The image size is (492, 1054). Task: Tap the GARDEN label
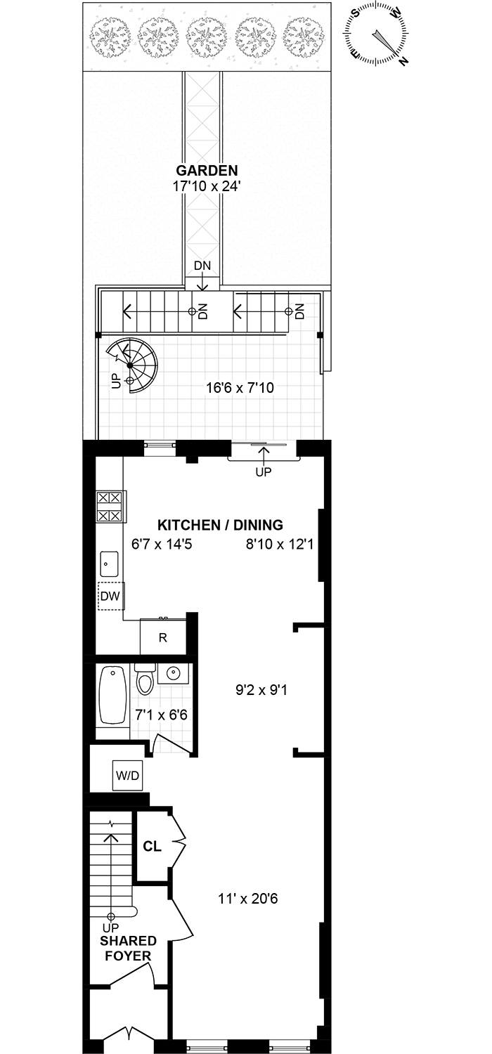pyautogui.click(x=207, y=170)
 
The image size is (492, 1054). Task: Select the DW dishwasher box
pyautogui.click(x=110, y=597)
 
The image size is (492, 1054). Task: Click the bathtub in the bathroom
pyautogui.click(x=112, y=695)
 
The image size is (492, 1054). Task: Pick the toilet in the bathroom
pyautogui.click(x=145, y=680)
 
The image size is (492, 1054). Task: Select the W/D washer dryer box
pyautogui.click(x=127, y=775)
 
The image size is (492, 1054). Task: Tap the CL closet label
pyautogui.click(x=153, y=846)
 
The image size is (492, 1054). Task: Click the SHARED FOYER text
pyautogui.click(x=127, y=948)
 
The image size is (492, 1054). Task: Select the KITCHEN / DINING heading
pyautogui.click(x=220, y=525)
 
